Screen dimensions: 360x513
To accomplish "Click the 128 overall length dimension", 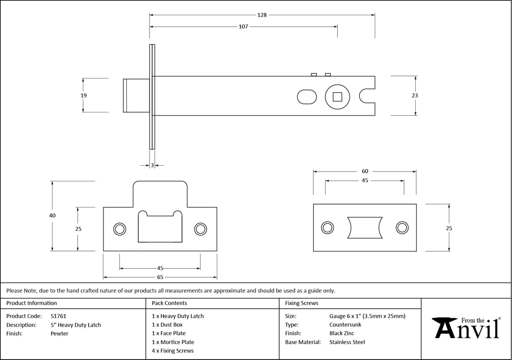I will tap(262, 15).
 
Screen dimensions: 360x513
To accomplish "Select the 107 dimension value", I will tap(243, 27).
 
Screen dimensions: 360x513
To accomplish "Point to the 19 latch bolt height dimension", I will tap(84, 95).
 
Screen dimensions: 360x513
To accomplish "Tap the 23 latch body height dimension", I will tap(415, 95).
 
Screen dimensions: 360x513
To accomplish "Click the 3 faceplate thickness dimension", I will tap(152, 165).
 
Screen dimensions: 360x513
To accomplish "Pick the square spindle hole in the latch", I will tap(337, 97).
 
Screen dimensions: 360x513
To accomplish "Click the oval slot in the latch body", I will tap(307, 97).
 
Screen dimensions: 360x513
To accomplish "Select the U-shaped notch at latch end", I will tap(367, 95).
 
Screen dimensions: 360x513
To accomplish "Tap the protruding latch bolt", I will tap(136, 95).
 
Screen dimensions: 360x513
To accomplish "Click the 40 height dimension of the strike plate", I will tap(52, 215).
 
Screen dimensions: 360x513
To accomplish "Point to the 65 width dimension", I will tap(160, 278).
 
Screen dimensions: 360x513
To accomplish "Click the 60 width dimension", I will tap(365, 171).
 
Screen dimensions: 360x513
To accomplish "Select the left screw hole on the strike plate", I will tap(120, 229).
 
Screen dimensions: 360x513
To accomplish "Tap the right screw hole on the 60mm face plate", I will tap(402, 227).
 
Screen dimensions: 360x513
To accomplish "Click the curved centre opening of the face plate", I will tap(364, 227).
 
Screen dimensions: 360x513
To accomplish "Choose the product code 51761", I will tap(58, 316).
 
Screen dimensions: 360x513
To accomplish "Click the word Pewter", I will tap(59, 334).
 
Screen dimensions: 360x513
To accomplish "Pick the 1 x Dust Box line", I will tap(167, 325).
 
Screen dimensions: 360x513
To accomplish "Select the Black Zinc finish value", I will tap(341, 334).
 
